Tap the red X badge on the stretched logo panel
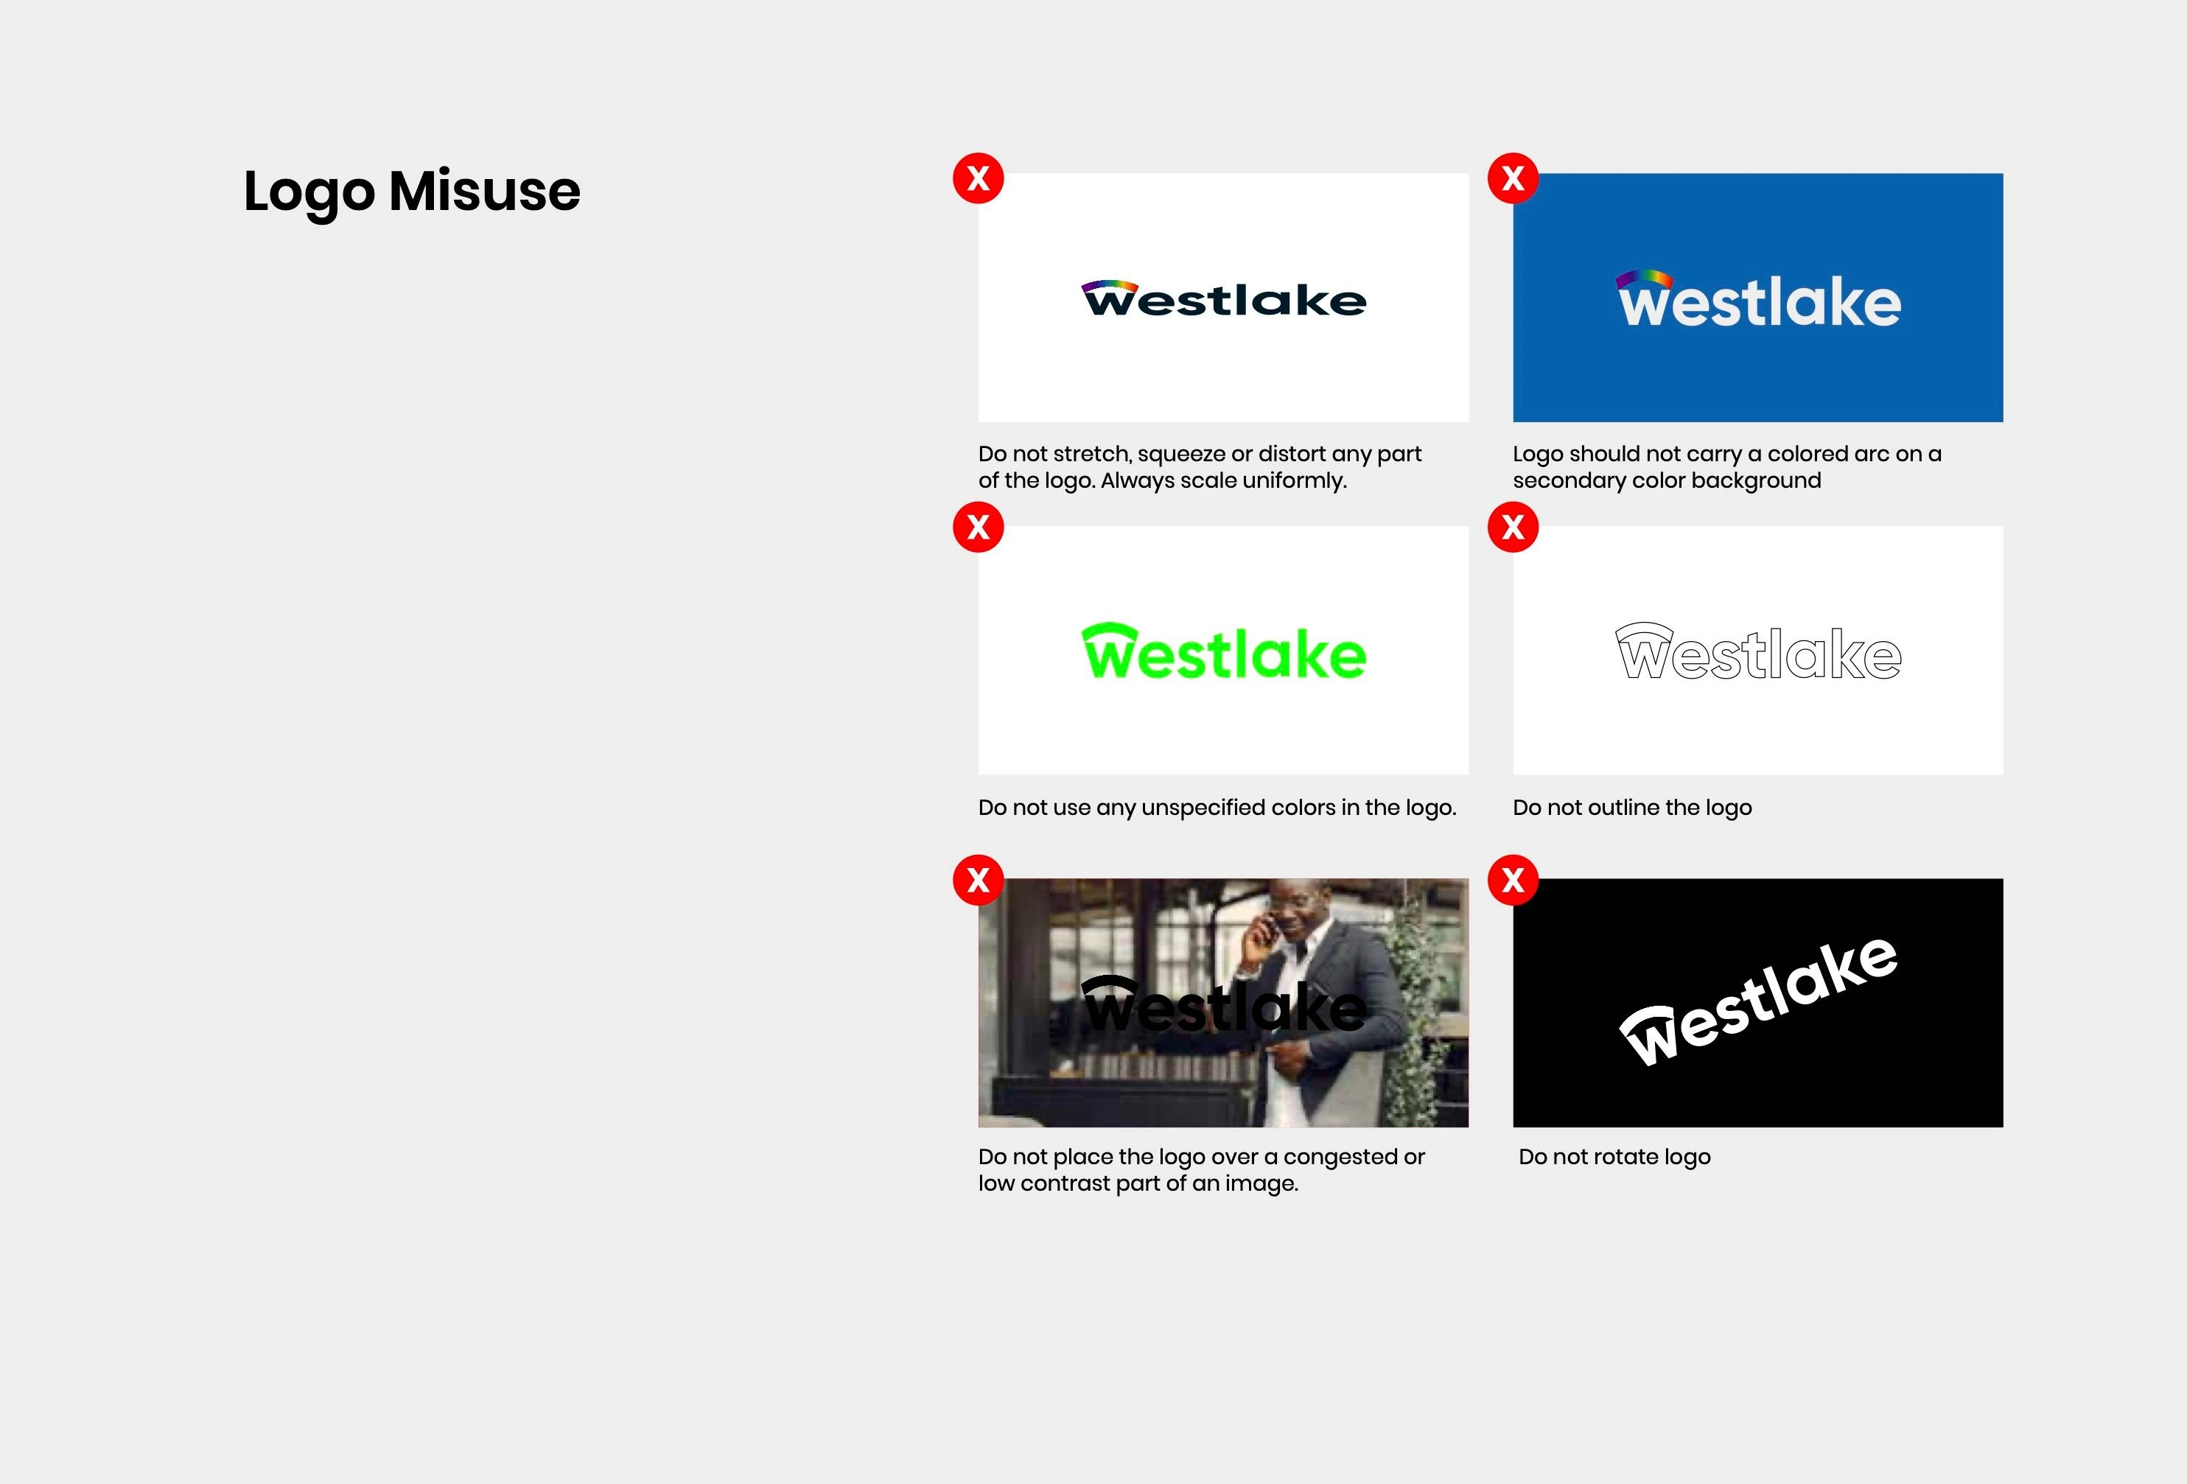click(x=979, y=178)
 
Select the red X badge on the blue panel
click(x=1514, y=178)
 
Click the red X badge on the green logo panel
click(x=979, y=527)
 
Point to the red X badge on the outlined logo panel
click(x=1514, y=527)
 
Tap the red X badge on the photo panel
click(x=979, y=880)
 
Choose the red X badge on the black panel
click(x=1514, y=880)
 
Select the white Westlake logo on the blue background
click(x=1759, y=299)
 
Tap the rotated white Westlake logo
click(x=1759, y=1001)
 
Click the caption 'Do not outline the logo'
click(x=1633, y=808)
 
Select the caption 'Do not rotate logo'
click(x=1615, y=1157)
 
